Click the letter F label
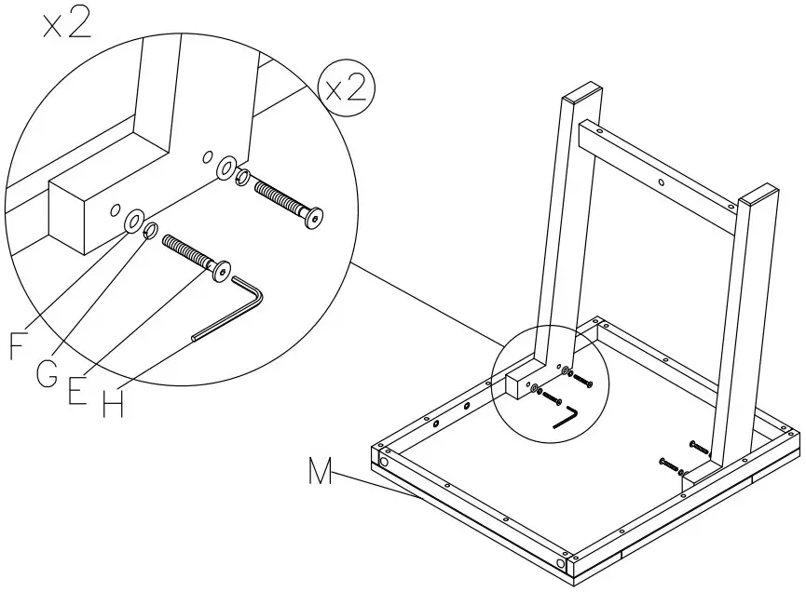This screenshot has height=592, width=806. coord(18,345)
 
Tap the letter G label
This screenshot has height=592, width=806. coord(47,374)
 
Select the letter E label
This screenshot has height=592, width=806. coord(77,391)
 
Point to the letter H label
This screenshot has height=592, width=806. coord(113,406)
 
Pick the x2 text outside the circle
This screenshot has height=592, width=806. coord(66,24)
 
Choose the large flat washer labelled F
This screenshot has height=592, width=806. coord(133,222)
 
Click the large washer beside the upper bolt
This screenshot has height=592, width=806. coord(226,168)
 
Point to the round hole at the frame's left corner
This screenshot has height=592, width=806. coord(383,462)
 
